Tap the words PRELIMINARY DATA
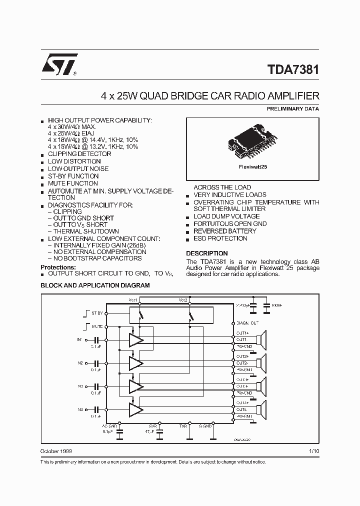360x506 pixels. (292, 108)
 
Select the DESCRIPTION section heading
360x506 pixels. (206, 253)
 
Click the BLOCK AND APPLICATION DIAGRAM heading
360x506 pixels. (95, 285)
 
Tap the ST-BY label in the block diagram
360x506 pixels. (96, 313)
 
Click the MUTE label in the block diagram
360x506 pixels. (96, 326)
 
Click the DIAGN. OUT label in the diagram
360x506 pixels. (247, 323)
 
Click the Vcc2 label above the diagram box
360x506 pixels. (183, 299)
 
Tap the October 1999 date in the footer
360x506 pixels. (56, 451)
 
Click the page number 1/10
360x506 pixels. (314, 451)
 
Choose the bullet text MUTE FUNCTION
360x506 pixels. (73, 183)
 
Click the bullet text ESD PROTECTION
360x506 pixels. (220, 238)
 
